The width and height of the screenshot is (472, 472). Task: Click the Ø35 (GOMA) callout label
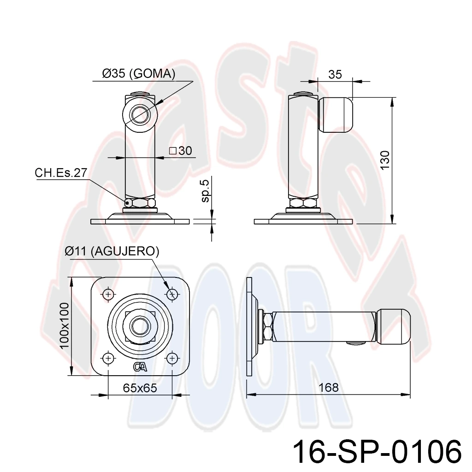point(139,73)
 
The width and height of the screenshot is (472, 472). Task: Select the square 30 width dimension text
point(181,151)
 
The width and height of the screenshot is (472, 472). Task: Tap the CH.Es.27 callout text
point(61,173)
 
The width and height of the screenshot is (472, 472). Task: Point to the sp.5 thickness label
point(206,191)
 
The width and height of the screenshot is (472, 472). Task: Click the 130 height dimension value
point(385,160)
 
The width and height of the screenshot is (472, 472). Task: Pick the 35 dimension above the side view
point(335,74)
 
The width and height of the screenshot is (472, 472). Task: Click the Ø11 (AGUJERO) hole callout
point(112,251)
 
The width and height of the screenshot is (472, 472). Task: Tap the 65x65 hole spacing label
point(140,388)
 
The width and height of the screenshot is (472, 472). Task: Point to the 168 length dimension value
point(328,387)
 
